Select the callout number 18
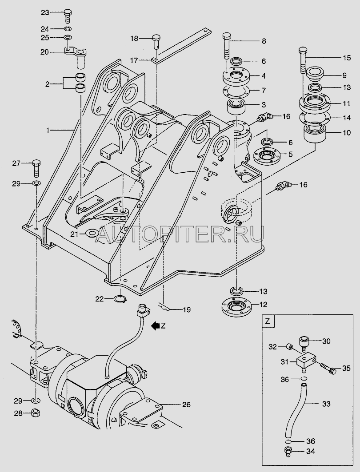click(134, 39)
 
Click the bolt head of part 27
click(36, 162)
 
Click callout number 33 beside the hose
click(325, 404)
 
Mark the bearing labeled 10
click(314, 133)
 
